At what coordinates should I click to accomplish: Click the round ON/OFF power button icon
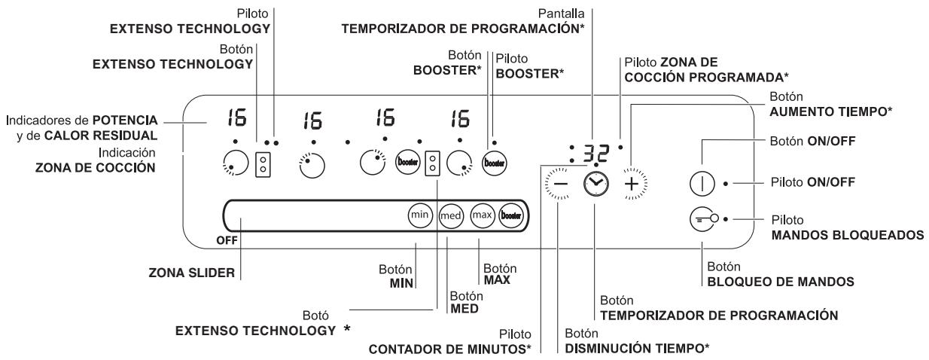(702, 183)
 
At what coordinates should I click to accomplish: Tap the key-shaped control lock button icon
(702, 219)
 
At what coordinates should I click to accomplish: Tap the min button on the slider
(419, 215)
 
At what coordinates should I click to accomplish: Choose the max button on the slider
(482, 215)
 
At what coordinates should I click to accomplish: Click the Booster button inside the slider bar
(513, 215)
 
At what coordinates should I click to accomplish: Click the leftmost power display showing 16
(225, 118)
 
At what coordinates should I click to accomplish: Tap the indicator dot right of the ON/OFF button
(725, 183)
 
